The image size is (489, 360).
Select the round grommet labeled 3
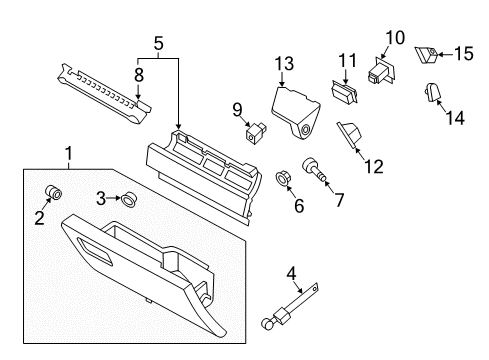coord(129,198)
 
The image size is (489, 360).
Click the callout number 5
coord(157,43)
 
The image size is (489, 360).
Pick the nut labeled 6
coord(284,180)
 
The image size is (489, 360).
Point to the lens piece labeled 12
coord(351,133)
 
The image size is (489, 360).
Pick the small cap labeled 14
coord(434,93)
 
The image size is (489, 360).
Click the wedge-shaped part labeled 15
coord(428,53)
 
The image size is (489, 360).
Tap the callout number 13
coord(285,66)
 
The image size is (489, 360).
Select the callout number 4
coord(290,271)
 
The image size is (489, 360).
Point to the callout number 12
coord(373,165)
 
